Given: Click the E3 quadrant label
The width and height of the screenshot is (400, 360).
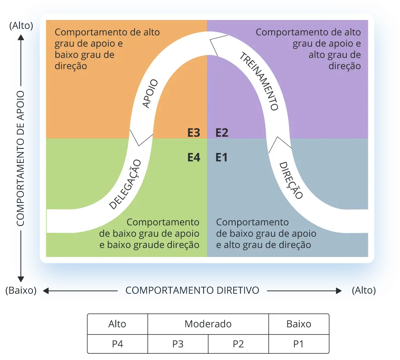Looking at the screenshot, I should [194, 133].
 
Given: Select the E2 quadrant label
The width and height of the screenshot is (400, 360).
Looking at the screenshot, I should [222, 133].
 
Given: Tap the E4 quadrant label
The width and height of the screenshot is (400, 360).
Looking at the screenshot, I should [194, 157].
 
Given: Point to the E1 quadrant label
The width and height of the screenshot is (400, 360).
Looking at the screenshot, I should [222, 157].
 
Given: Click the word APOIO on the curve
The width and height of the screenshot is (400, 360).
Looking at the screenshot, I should [150, 94].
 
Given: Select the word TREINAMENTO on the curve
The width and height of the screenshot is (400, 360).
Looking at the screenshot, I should [259, 81].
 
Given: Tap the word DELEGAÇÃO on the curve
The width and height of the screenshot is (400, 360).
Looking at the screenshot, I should [125, 184].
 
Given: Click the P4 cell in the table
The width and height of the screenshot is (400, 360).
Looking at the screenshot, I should [117, 344].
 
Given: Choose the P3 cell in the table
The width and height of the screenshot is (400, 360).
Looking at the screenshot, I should [178, 344].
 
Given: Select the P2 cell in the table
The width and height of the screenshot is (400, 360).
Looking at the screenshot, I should [238, 344].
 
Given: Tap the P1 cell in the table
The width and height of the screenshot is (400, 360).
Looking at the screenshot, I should [299, 344].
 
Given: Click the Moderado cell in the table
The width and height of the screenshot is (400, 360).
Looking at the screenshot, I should [208, 324].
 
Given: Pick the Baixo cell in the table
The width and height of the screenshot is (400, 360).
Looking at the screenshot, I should [299, 324].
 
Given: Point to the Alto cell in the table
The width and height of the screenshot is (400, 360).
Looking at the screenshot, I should [117, 324].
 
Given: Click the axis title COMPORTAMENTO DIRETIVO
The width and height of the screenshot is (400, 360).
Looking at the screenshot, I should [192, 291].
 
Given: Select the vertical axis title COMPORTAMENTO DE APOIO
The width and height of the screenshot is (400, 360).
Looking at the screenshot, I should [20, 159].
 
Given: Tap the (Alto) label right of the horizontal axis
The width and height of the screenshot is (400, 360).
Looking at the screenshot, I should [364, 291].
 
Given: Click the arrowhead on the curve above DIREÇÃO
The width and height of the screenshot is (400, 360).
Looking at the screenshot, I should [279, 143].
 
